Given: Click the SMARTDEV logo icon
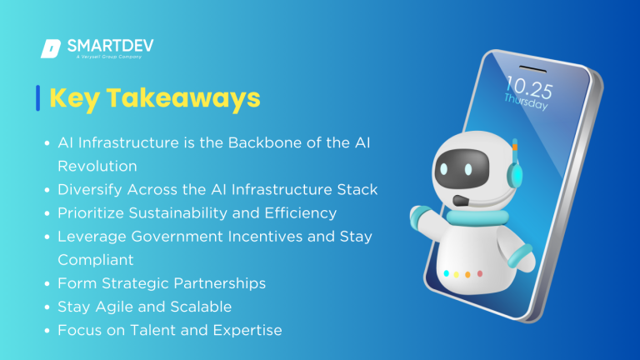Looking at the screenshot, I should click(50, 48).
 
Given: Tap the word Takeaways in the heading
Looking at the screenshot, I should click(193, 97).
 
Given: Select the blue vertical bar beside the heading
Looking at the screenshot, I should click(38, 97).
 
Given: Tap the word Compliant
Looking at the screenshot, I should click(92, 260).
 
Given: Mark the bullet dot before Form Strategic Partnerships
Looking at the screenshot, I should click(47, 284).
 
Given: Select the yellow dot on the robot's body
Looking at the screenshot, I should click(467, 274).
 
